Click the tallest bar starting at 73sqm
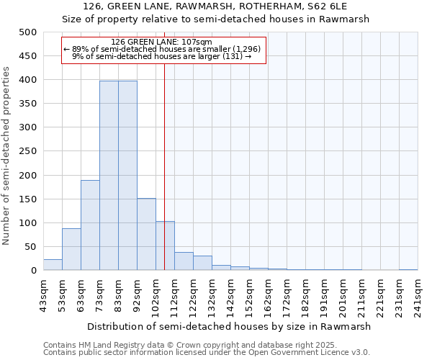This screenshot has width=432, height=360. (x=109, y=176)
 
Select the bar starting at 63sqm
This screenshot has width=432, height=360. (x=90, y=225)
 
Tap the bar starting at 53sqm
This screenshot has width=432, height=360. (x=71, y=249)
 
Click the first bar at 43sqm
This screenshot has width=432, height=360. (x=53, y=264)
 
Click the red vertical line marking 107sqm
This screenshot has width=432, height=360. (x=165, y=144)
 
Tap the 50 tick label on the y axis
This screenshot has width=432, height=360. (x=31, y=247)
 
